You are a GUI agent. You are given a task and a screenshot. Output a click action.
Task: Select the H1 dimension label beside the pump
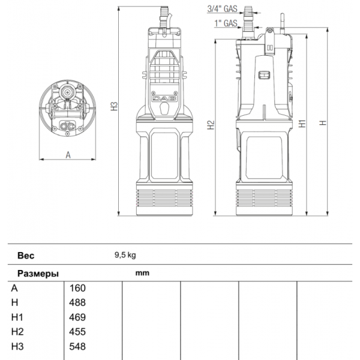point(302,123)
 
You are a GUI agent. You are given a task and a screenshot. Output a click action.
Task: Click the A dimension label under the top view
point(68,154)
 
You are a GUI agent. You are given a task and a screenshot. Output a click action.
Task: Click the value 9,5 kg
point(125,254)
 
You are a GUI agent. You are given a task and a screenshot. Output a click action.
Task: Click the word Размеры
point(37,273)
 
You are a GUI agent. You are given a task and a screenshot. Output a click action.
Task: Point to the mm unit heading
point(142,273)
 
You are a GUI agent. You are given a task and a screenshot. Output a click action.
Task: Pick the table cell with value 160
point(78,288)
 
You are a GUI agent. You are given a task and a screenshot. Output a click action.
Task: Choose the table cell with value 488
point(78,302)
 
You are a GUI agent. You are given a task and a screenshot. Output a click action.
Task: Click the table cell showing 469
point(78,317)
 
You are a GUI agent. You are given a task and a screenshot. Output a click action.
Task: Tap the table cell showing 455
point(78,332)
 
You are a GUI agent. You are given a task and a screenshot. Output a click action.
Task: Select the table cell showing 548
point(78,346)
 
